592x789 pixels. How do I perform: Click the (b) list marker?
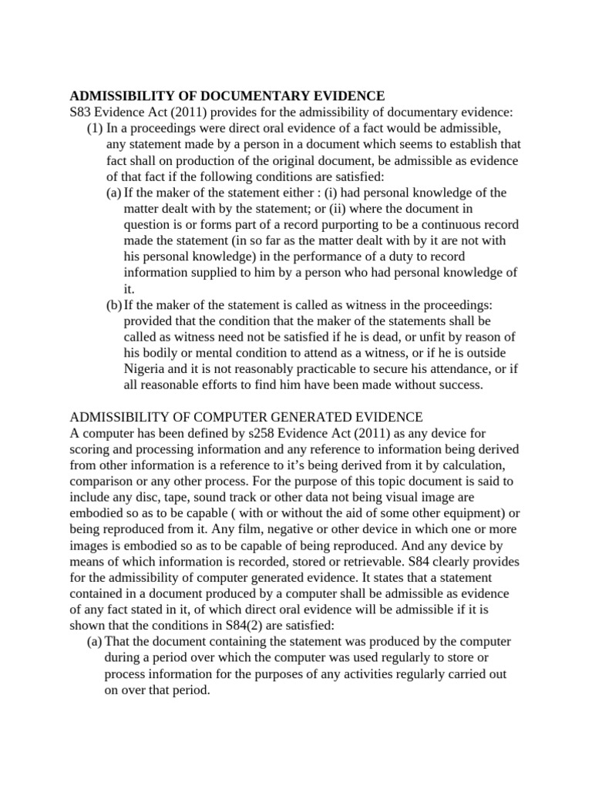(x=114, y=304)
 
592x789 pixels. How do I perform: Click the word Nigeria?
(x=144, y=369)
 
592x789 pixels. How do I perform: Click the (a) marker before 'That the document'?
(x=95, y=642)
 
